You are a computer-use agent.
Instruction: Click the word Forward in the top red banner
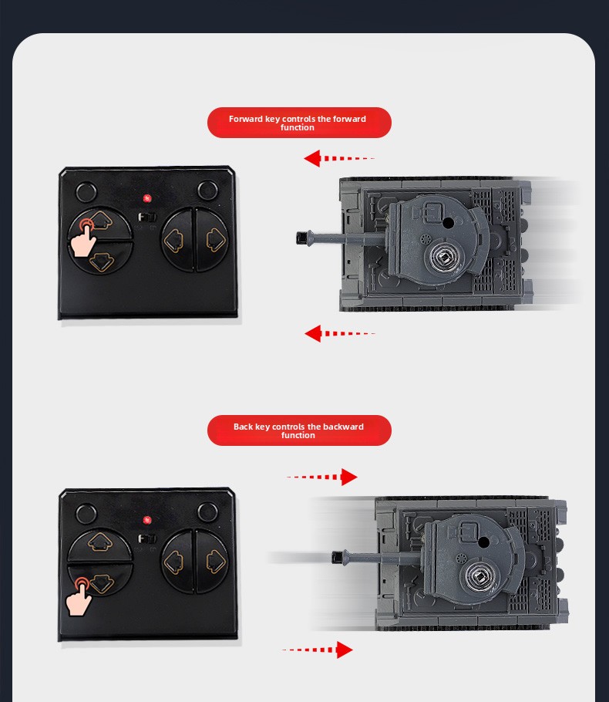tap(246, 119)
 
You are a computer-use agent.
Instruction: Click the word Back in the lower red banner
tap(243, 427)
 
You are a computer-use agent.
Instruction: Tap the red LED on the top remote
tap(146, 198)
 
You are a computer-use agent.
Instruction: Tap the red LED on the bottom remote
tap(146, 520)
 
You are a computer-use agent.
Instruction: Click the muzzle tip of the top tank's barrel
tap(298, 238)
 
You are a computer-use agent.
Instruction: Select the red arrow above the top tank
tap(338, 158)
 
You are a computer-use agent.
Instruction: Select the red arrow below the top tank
tap(339, 333)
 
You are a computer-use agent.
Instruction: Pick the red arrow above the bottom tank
tap(321, 477)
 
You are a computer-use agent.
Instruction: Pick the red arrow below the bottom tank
tap(318, 650)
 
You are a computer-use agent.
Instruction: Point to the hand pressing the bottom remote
tap(78, 598)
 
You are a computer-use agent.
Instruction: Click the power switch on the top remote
tap(146, 217)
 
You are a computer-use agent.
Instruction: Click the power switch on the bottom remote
tap(146, 538)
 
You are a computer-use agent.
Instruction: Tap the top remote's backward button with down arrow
tap(101, 258)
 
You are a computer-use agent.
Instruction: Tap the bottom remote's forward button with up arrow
tap(100, 544)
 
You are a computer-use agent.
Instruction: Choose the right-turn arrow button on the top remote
tap(213, 240)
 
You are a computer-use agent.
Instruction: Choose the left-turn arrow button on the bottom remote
tap(177, 562)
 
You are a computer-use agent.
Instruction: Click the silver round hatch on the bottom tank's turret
tap(480, 577)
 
